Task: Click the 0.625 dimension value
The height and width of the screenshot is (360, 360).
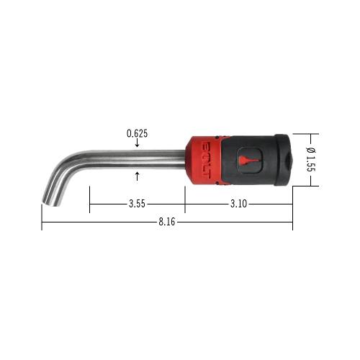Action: point(137,133)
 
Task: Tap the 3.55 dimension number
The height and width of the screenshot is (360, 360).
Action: point(137,204)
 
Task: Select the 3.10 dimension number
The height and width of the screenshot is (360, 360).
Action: point(238,204)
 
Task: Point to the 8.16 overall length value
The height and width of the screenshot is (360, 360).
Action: point(167,222)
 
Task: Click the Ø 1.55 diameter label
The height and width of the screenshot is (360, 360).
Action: point(310,160)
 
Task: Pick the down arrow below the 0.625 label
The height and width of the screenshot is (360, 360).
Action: point(137,143)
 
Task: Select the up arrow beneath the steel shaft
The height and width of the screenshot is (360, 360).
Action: point(137,174)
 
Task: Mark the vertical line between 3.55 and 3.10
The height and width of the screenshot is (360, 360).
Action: point(185,198)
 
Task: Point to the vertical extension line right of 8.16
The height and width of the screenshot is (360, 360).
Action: point(292,209)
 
